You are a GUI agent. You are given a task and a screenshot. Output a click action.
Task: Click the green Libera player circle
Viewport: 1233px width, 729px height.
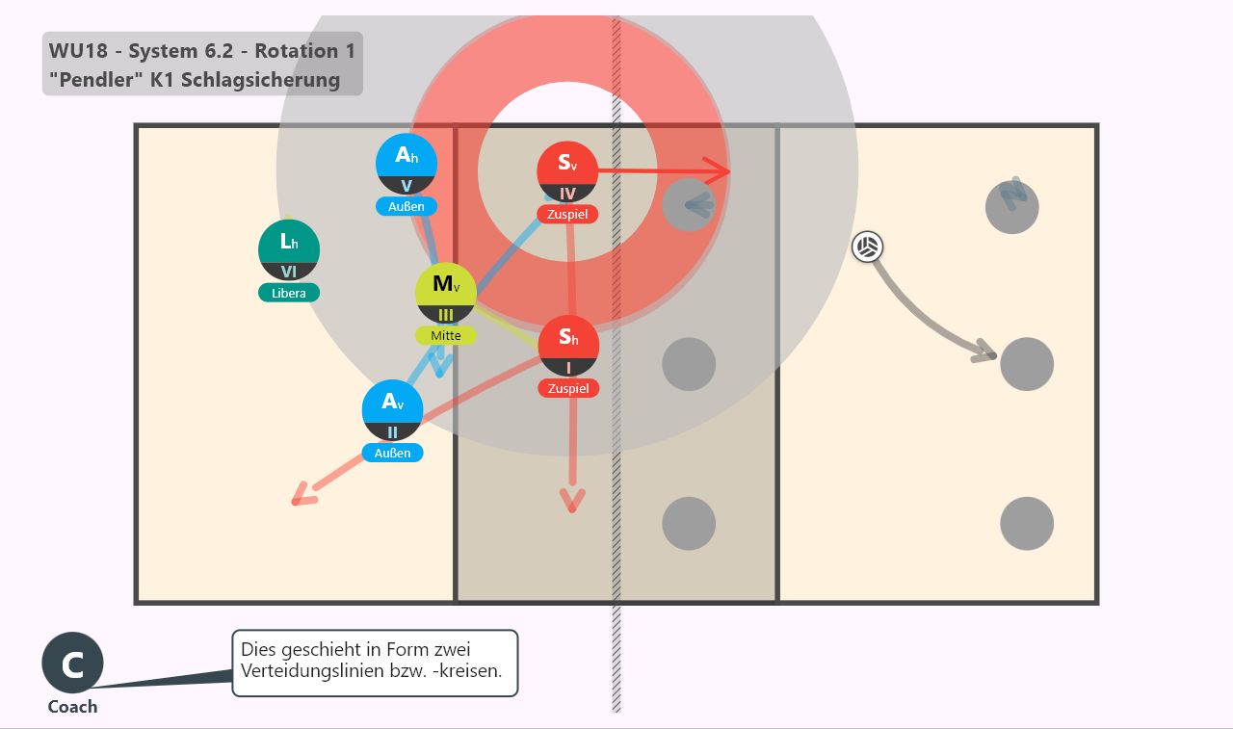[289, 249]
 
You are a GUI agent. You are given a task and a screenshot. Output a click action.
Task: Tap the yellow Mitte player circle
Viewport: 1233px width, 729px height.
[446, 294]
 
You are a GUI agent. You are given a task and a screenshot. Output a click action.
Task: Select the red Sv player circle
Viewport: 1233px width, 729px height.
[567, 171]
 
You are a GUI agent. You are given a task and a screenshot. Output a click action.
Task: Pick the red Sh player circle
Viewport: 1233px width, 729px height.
[568, 346]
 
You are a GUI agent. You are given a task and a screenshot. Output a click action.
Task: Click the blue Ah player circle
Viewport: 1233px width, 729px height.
[407, 164]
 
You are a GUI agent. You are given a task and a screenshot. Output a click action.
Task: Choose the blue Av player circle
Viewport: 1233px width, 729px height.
[392, 410]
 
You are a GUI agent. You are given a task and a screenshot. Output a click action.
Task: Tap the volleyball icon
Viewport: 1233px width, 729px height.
[868, 247]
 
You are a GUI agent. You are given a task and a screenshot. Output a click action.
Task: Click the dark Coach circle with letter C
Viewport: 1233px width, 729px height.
[72, 663]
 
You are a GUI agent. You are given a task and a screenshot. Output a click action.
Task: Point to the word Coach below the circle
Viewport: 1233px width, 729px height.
[72, 707]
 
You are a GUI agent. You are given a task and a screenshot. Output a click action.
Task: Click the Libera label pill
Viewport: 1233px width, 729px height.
[289, 293]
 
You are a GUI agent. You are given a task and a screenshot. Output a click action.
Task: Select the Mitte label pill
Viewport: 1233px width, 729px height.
[446, 336]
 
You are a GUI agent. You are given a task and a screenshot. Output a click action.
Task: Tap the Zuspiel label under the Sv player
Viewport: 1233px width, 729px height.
[567, 214]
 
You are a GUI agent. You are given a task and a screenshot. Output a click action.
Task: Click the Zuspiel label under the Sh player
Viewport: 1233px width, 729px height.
[568, 388]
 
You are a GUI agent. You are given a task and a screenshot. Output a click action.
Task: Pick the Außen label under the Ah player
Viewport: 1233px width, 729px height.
[407, 206]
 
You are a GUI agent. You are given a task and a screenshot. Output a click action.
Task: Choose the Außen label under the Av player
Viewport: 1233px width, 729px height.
[392, 453]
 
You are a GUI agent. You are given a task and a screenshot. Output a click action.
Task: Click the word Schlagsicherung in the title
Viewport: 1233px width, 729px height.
[260, 80]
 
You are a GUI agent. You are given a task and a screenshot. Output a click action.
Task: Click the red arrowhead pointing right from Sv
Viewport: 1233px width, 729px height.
[718, 171]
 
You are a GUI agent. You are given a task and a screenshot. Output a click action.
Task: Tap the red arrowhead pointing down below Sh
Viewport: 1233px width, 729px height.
[572, 500]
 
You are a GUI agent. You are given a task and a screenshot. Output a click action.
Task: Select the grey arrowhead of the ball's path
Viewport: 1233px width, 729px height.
[984, 351]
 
